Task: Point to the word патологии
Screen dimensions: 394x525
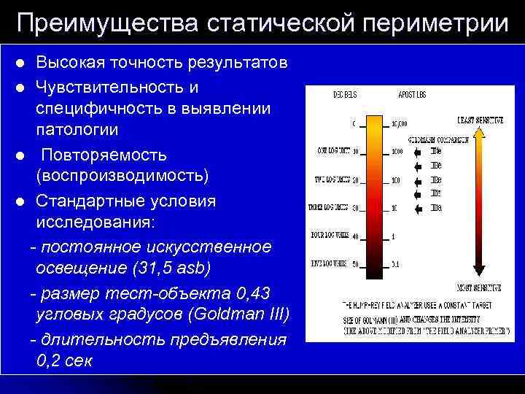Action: tap(77, 130)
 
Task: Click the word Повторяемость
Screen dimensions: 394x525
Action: tap(104, 155)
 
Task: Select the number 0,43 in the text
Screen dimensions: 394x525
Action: tap(254, 293)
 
